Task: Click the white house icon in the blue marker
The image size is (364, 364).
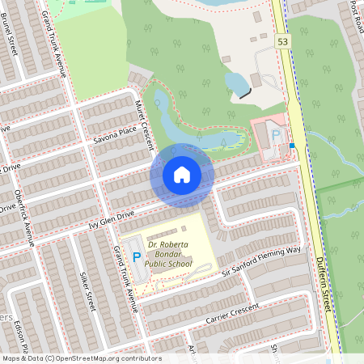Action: click(182, 175)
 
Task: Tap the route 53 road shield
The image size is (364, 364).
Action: click(282, 40)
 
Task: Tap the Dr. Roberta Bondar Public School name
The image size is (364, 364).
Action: click(168, 252)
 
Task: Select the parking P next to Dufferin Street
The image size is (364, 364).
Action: click(276, 136)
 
